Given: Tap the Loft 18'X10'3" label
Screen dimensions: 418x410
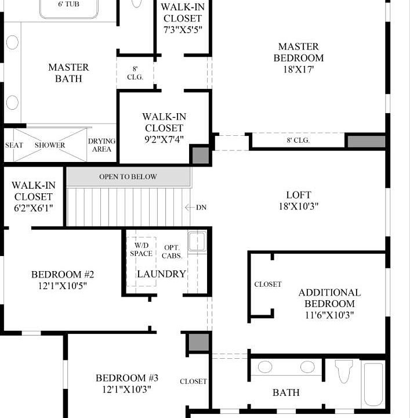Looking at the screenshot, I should [299, 200].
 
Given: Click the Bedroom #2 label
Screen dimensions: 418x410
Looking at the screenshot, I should [63, 280].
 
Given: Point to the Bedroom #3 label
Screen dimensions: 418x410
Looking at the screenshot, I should [127, 384].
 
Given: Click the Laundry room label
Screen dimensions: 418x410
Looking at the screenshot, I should [161, 274].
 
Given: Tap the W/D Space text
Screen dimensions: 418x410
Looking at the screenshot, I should [141, 250].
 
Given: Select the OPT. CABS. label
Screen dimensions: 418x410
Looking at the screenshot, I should [173, 251].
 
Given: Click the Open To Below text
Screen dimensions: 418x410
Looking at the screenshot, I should [128, 176].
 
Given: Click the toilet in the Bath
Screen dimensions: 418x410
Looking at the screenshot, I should [344, 372].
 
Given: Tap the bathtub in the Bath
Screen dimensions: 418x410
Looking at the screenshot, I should [372, 385].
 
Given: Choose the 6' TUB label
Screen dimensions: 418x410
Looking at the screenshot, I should [69, 4].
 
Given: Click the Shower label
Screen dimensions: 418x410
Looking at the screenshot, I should [50, 145].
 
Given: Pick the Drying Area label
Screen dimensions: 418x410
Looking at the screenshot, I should [101, 145].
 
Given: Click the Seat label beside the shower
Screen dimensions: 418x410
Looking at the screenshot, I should [14, 145].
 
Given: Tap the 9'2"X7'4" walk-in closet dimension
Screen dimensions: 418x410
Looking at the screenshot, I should [164, 139].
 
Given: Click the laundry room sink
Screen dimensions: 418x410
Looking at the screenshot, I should [197, 240].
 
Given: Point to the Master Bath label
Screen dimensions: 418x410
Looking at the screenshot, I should [68, 73].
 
